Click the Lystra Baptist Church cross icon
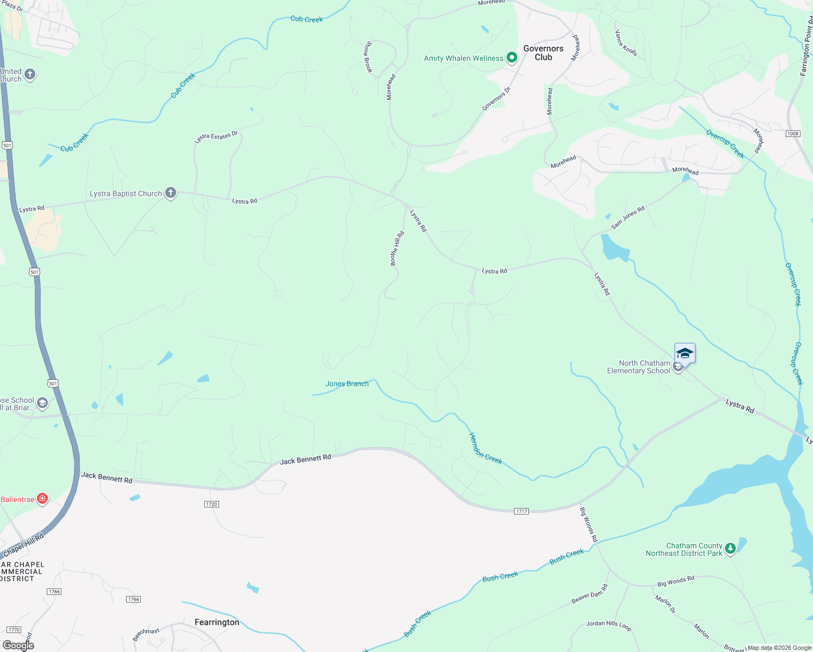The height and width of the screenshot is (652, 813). pyautogui.click(x=171, y=193)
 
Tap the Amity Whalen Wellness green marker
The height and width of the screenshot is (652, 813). pyautogui.click(x=511, y=58)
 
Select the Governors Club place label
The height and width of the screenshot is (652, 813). pyautogui.click(x=543, y=53)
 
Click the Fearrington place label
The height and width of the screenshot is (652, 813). pyautogui.click(x=217, y=622)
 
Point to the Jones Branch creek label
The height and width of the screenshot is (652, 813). pyautogui.click(x=347, y=384)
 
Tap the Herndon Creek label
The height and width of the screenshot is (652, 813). pyautogui.click(x=485, y=448)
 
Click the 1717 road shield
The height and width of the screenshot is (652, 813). pyautogui.click(x=522, y=511)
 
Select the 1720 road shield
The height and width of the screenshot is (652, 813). pyautogui.click(x=211, y=504)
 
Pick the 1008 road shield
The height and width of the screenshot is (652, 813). pyautogui.click(x=793, y=134)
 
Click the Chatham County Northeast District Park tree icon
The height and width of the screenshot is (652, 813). pyautogui.click(x=730, y=548)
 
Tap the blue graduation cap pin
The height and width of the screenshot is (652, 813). pyautogui.click(x=685, y=354)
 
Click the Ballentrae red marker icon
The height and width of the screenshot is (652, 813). pyautogui.click(x=42, y=499)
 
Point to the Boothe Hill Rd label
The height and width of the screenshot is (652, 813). pyautogui.click(x=397, y=249)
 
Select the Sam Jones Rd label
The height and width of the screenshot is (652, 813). pyautogui.click(x=628, y=217)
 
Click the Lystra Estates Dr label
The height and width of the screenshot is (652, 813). pyautogui.click(x=216, y=137)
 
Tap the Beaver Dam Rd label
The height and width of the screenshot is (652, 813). pyautogui.click(x=590, y=594)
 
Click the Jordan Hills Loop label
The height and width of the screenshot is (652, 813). pyautogui.click(x=609, y=625)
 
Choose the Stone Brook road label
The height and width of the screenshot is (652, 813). pyautogui.click(x=368, y=57)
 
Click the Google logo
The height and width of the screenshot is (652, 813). pyautogui.click(x=18, y=645)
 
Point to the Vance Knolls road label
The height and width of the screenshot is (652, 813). pyautogui.click(x=626, y=43)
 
